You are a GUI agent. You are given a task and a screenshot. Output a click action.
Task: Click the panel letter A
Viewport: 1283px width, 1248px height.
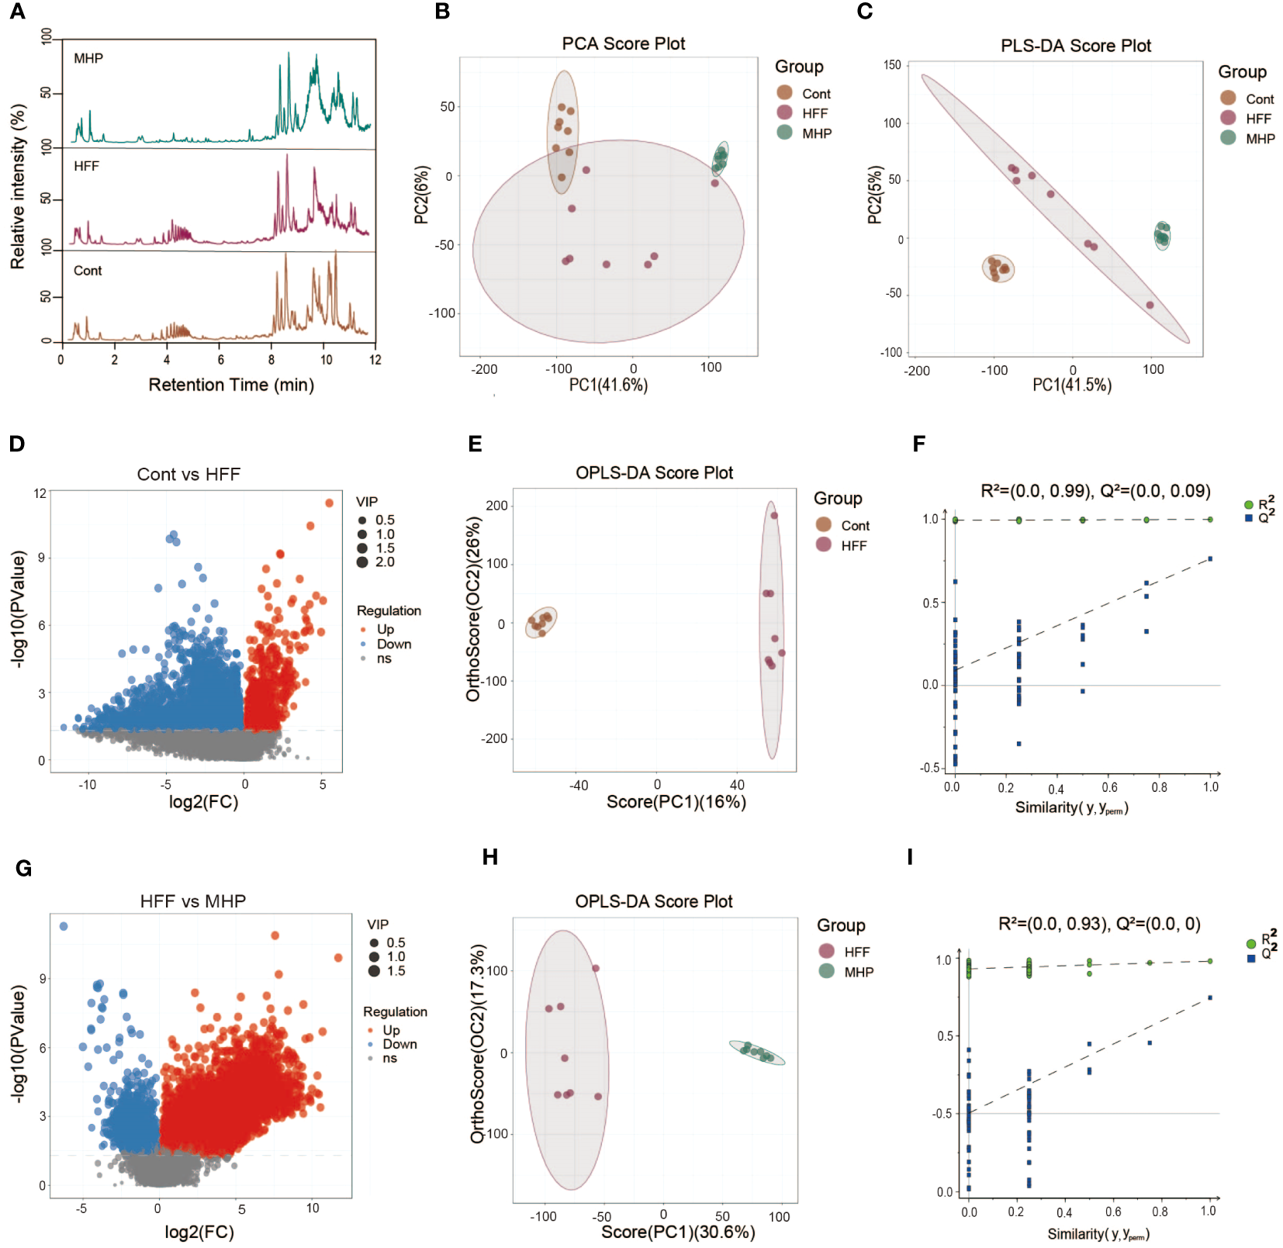tap(17, 12)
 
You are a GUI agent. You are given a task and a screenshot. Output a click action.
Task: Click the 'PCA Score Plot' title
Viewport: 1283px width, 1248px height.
tap(623, 43)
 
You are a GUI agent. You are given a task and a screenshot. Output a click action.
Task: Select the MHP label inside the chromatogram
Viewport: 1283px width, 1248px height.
tap(88, 58)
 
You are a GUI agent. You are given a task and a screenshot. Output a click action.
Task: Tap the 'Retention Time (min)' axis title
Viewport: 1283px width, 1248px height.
tap(231, 385)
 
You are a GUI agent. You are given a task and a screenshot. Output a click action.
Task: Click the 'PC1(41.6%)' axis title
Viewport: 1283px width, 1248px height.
tap(608, 385)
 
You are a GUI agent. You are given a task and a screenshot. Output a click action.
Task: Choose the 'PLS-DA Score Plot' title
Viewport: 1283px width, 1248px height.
tap(1075, 46)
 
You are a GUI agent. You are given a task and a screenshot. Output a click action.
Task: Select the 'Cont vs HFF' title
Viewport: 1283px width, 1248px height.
tap(188, 474)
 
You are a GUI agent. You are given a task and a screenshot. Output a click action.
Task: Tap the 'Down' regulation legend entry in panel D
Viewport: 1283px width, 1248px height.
tap(393, 644)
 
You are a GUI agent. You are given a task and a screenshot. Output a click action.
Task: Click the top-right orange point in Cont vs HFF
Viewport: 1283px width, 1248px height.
tap(330, 503)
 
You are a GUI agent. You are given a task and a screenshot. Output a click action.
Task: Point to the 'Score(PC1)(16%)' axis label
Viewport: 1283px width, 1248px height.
tap(676, 801)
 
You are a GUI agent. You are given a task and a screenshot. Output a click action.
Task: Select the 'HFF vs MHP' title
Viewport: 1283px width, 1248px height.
tap(192, 901)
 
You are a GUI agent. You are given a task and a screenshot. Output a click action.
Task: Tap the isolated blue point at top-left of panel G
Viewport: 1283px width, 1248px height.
tap(64, 926)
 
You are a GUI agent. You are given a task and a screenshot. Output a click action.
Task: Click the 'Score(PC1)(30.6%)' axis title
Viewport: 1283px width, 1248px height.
tap(677, 1232)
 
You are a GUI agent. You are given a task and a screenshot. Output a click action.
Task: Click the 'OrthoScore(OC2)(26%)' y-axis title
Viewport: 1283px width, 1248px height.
tap(473, 609)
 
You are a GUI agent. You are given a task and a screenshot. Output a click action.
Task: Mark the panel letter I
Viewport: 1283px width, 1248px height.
tap(910, 857)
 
